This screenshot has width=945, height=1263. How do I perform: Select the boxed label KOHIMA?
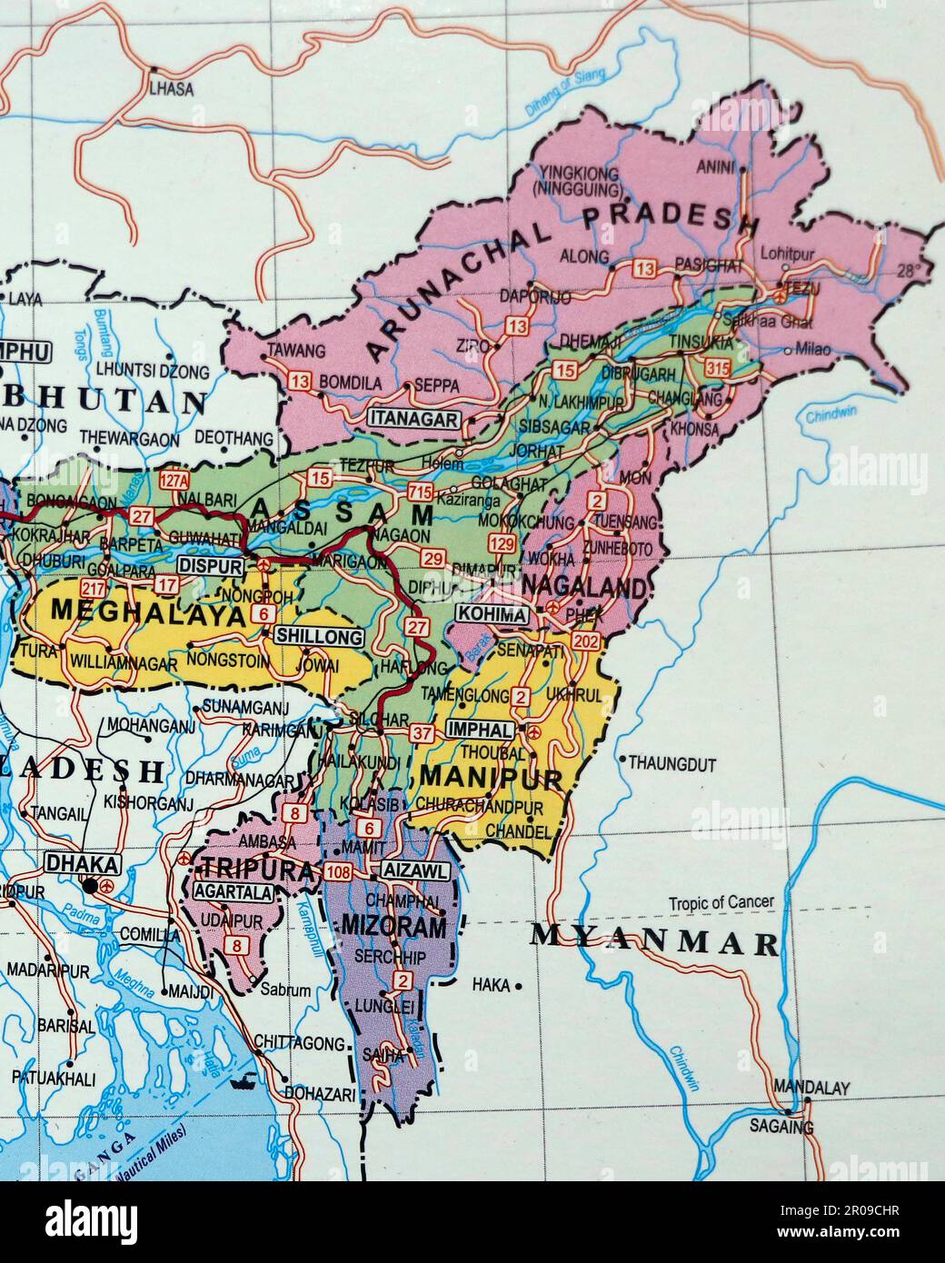click(492, 615)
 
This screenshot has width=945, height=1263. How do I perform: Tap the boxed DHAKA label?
click(82, 862)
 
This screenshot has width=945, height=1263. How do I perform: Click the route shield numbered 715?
click(420, 492)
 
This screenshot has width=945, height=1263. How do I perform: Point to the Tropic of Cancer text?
click(721, 902)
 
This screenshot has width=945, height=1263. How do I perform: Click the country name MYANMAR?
click(654, 941)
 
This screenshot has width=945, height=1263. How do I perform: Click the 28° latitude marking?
click(910, 270)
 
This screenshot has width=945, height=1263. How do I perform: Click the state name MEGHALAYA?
click(147, 611)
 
